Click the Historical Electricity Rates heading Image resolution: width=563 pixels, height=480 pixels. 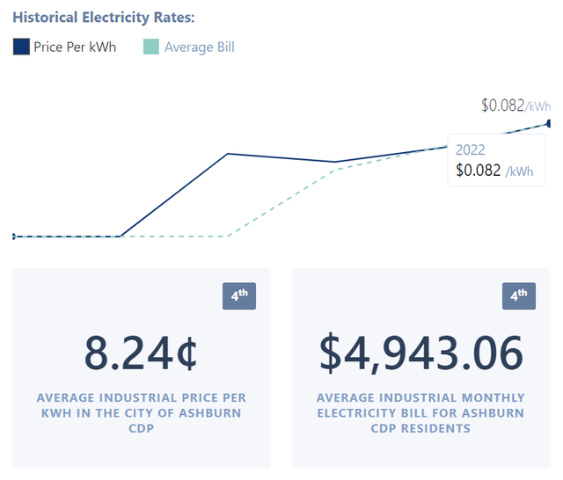point(104,18)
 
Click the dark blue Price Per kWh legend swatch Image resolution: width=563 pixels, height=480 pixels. point(22,47)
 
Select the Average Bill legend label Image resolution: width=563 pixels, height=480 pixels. point(199,47)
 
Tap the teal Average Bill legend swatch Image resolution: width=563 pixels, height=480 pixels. point(151,47)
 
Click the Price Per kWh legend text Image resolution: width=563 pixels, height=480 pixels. point(75,47)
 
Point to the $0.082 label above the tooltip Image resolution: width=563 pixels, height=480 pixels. point(502,105)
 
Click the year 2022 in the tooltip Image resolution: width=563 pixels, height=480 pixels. point(470,150)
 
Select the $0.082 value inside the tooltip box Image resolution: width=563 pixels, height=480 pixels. point(479,171)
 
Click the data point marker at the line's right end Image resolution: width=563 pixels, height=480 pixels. point(550,123)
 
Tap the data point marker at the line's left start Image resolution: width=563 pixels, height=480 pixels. point(13,236)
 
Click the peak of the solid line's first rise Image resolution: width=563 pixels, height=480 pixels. point(228,154)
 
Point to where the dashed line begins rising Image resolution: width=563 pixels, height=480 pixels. point(228,236)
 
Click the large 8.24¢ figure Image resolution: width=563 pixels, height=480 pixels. point(141,353)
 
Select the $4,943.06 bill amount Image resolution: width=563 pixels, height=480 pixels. point(420,353)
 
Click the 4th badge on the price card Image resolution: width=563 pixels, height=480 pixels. point(238,297)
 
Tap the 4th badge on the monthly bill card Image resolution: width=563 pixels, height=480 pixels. point(518,297)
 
